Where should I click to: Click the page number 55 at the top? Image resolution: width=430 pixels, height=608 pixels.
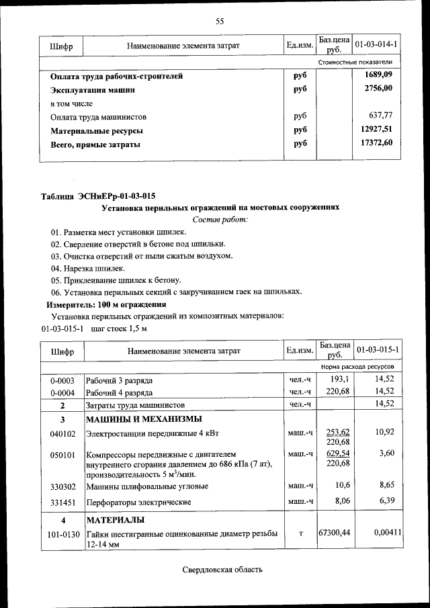(x=219, y=21)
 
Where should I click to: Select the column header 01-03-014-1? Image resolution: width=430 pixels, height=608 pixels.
(x=376, y=45)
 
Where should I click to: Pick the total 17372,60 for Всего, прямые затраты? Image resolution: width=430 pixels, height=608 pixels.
(x=376, y=142)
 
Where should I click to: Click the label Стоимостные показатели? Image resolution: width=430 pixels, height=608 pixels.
(x=355, y=62)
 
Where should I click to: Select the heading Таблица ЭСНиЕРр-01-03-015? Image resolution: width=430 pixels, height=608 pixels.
(x=98, y=196)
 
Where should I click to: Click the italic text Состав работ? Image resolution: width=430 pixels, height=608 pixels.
(x=220, y=219)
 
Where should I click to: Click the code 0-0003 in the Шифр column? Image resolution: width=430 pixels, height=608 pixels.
(x=62, y=380)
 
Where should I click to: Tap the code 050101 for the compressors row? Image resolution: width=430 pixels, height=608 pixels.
(x=62, y=455)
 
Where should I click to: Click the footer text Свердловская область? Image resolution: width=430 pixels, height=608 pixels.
(x=222, y=570)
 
